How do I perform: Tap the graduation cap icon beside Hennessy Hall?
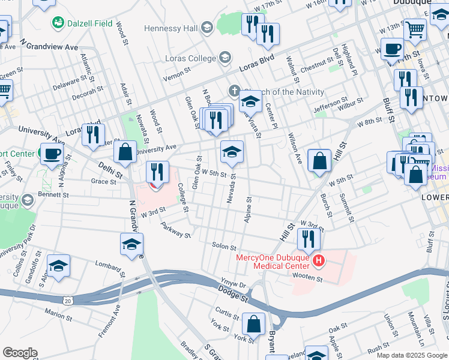[207, 28]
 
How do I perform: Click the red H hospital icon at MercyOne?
[319, 261]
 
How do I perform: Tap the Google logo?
[20, 353]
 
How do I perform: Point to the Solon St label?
[224, 246]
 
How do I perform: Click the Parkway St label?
[175, 231]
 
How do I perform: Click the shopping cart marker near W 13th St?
[415, 28]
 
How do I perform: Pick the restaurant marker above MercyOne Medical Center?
[309, 238]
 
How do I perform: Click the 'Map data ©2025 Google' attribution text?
[411, 355]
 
